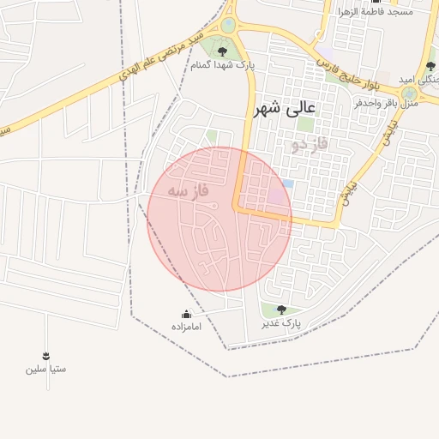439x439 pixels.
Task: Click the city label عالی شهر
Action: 285,110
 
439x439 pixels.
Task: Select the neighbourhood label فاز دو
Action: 310,145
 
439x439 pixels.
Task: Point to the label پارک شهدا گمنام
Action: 222,65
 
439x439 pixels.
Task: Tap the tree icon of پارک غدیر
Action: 281,310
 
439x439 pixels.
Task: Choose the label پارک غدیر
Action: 281,324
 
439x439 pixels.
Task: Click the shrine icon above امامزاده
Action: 186,314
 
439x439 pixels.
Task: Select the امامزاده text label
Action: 186,328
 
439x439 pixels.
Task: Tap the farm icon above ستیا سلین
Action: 45,356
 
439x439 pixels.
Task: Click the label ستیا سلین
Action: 45,370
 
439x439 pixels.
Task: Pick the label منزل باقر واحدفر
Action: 386,104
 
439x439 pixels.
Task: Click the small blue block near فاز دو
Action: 288,183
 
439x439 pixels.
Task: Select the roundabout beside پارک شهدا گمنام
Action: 228,25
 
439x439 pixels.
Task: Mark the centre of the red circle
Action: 219,219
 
